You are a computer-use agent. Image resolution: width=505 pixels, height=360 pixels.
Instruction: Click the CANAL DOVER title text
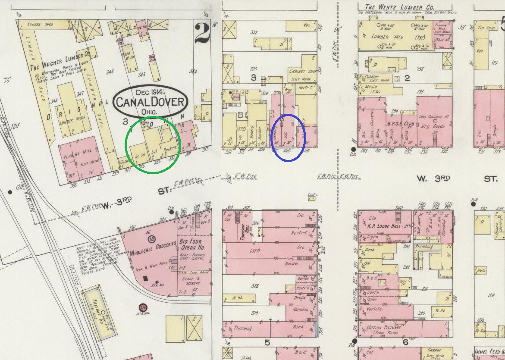click(x=150, y=103)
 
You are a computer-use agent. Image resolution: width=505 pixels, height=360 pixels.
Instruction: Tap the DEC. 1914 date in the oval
click(x=150, y=92)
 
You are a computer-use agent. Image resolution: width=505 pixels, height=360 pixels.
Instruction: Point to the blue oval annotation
click(x=289, y=138)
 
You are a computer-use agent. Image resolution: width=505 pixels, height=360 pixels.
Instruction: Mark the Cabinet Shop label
click(x=303, y=72)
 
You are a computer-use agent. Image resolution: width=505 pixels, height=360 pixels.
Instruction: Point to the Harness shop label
click(x=300, y=310)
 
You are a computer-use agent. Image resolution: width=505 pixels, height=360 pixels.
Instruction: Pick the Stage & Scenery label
click(x=195, y=281)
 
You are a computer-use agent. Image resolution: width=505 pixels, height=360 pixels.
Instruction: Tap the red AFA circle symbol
click(x=143, y=307)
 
